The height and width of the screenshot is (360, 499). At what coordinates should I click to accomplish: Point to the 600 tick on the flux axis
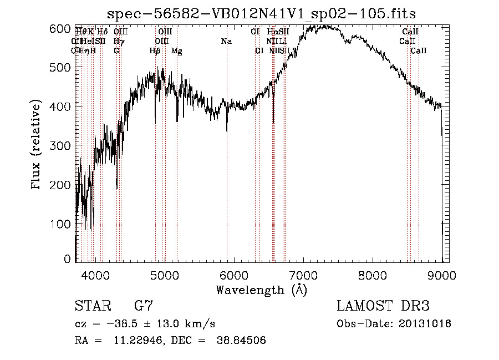point(65,28)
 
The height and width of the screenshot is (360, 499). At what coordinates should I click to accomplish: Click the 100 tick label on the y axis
point(65,224)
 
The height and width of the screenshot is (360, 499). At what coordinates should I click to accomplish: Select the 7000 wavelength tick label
point(303,273)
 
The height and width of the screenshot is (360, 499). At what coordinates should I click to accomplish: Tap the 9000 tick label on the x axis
point(442,273)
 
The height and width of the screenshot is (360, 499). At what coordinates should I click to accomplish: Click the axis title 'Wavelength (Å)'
point(261,290)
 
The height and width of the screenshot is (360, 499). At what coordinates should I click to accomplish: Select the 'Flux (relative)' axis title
point(37,145)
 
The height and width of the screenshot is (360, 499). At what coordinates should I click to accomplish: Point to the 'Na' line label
point(226,42)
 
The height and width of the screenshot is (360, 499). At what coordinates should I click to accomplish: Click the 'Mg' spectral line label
point(177,51)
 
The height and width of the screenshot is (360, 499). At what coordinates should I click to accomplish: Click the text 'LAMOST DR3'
point(383,306)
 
